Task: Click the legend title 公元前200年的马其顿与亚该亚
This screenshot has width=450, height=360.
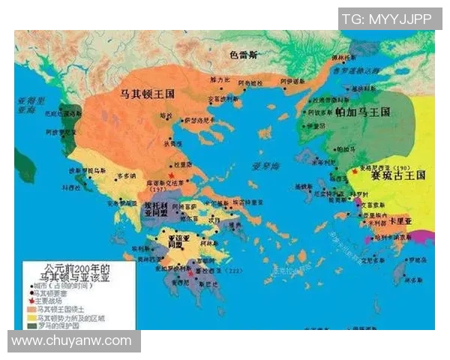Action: click(x=77, y=273)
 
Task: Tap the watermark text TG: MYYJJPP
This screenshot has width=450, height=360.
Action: click(x=387, y=19)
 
